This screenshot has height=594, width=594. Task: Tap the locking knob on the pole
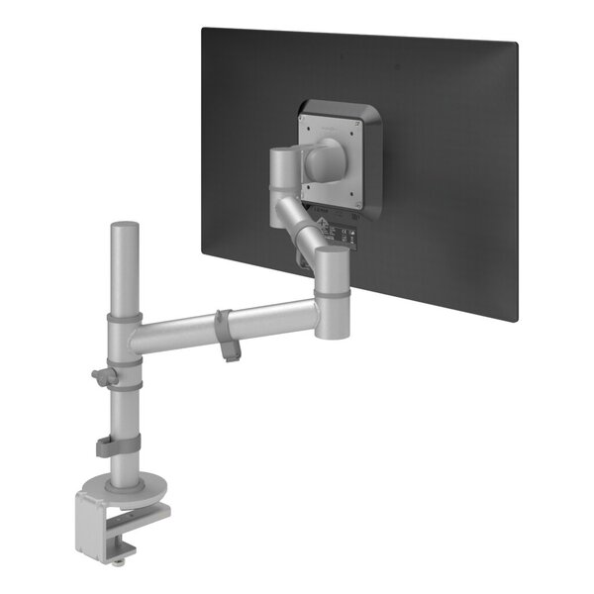click(101, 377)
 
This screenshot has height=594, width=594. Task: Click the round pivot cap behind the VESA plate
click(325, 158)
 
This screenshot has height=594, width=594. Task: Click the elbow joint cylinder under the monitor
click(331, 288)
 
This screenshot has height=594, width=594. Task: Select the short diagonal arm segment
click(296, 223)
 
